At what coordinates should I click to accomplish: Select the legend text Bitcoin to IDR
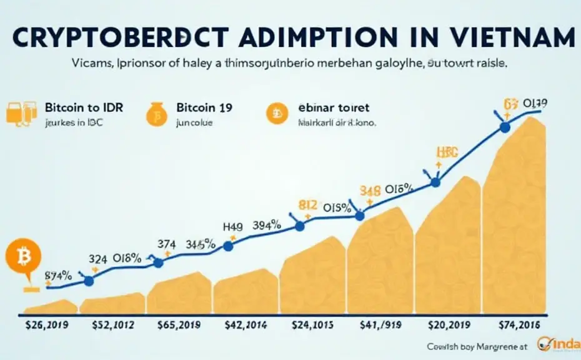[84, 107]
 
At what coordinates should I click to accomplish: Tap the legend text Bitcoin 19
[204, 107]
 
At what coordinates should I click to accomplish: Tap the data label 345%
[201, 244]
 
